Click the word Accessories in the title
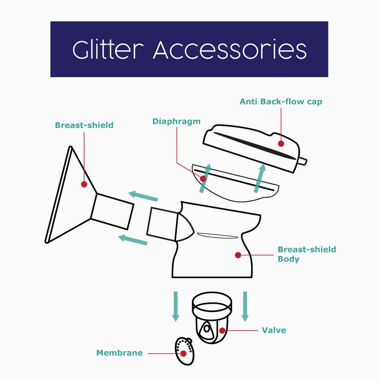pos(230,49)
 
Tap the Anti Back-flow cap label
pos(281,102)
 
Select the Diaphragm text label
pos(176,121)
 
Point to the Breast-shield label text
pos(84,125)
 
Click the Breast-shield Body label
pos(307,254)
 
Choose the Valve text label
pos(274,330)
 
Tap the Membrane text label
pos(119,353)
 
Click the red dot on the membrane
pos(183,353)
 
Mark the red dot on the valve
pos(222,330)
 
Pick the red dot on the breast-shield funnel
pos(84,184)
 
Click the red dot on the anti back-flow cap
pos(281,143)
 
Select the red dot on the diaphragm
pos(203,179)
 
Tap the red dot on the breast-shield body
pos(238,255)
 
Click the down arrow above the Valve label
pos(245,306)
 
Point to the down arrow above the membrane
pos(176,306)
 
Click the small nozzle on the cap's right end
pos(302,161)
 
